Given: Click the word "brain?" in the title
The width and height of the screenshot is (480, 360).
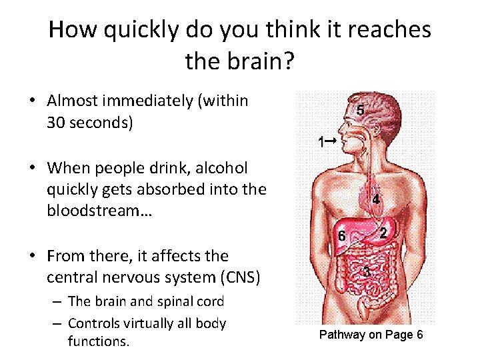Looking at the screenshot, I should coord(259,61).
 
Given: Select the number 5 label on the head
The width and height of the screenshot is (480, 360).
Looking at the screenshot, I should coord(361,109).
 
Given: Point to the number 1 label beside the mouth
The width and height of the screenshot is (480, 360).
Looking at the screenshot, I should coord(321,141).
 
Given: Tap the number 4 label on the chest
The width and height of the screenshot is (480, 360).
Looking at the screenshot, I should coord(376,199).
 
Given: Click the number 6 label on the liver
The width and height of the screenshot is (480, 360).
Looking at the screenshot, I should coord(341,236).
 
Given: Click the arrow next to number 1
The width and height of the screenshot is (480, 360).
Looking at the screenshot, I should coord(329,141).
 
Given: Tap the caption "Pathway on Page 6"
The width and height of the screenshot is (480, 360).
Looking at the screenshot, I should coord(371,335).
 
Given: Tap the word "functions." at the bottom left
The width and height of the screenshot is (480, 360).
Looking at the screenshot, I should coord(98,341).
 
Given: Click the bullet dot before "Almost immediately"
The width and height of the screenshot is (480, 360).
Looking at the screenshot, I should coord(32,101).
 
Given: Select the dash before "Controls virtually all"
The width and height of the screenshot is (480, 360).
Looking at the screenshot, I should coord(57,323).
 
